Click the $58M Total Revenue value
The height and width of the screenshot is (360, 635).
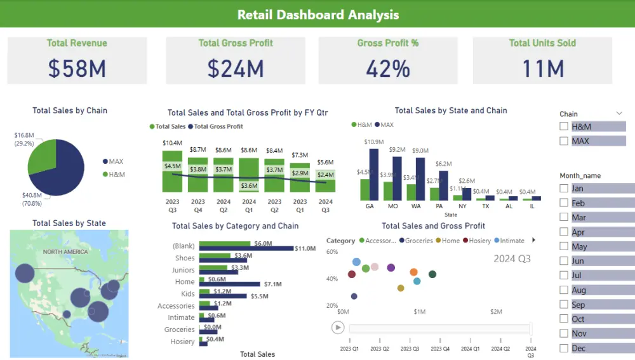point(77,69)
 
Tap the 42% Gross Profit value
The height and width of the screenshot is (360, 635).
point(388,69)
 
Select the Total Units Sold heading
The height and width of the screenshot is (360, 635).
point(542,43)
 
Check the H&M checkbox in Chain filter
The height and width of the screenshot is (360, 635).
point(564,126)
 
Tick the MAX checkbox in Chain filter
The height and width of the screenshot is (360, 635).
point(564,141)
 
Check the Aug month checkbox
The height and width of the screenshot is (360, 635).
point(564,290)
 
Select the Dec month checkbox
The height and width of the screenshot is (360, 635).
point(564,348)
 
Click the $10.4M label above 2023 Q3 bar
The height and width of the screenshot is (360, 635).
point(172,143)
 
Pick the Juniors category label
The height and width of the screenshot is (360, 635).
point(184,270)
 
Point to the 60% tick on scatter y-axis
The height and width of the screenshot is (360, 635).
point(331,252)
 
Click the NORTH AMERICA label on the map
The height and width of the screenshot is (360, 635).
point(65,252)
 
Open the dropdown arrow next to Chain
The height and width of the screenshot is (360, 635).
point(619,114)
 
